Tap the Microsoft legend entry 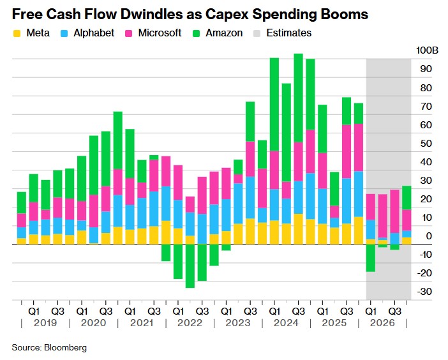tap(159, 33)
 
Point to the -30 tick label tap(424, 292)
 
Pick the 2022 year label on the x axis tap(189, 324)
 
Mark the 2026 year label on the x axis tap(382, 324)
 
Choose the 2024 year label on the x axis tap(285, 324)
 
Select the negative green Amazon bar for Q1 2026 tap(371, 258)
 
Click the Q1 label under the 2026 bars tap(370, 311)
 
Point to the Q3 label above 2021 tap(153, 311)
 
